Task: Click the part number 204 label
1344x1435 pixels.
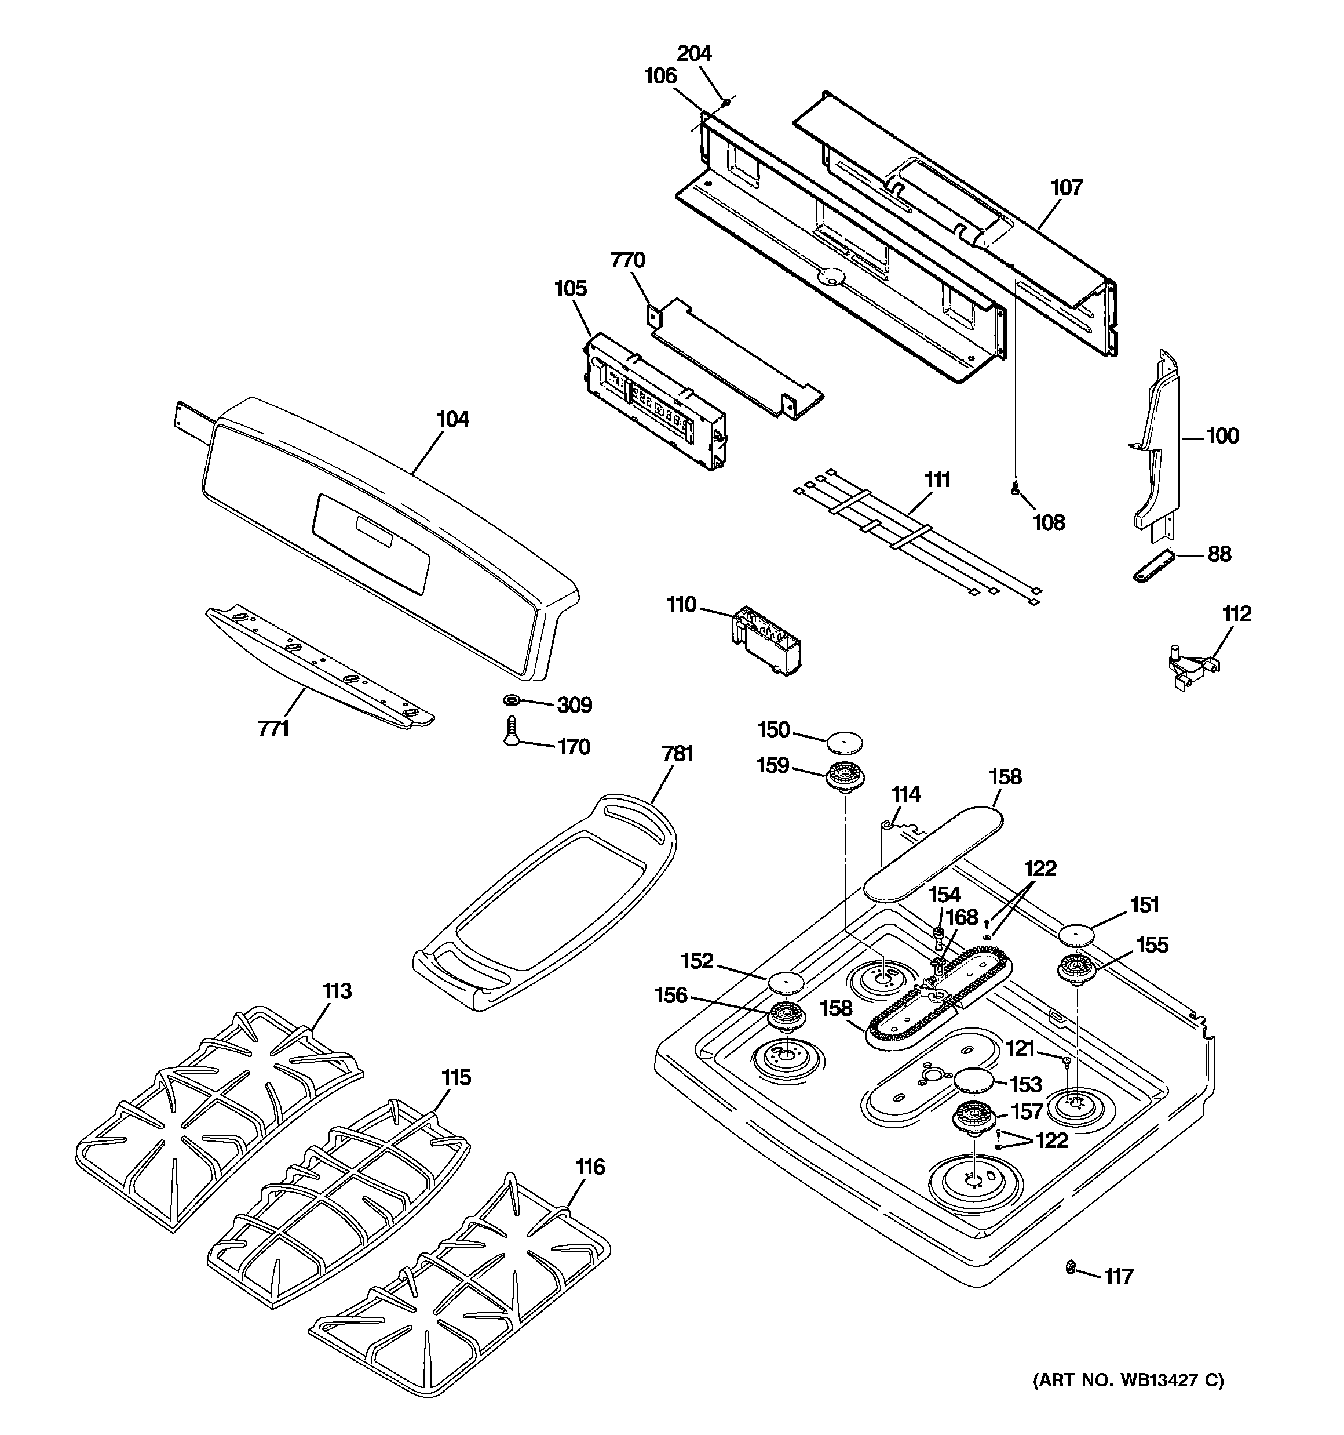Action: point(694,53)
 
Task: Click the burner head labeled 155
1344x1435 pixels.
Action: point(1076,968)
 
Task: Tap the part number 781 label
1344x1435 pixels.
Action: point(677,754)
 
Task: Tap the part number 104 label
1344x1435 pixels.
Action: point(452,419)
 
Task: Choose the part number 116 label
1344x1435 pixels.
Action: point(590,1167)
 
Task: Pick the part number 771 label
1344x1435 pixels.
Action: point(273,729)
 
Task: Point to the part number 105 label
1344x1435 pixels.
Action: point(570,289)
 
